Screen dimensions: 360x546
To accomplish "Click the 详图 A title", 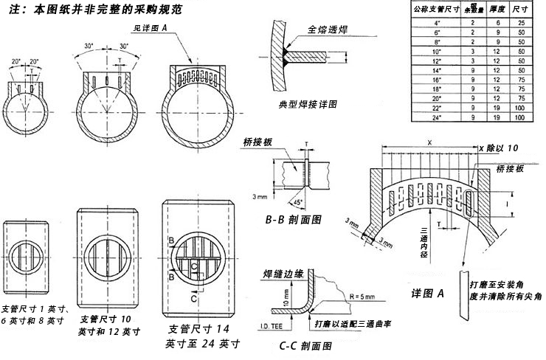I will coord(427,293).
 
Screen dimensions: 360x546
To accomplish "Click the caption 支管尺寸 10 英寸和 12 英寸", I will coord(108,325).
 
